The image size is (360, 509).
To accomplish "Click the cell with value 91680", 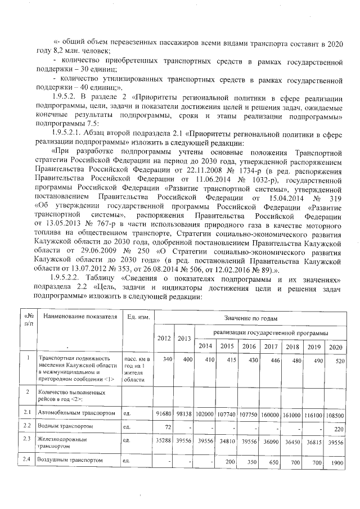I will coord(164,414).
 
